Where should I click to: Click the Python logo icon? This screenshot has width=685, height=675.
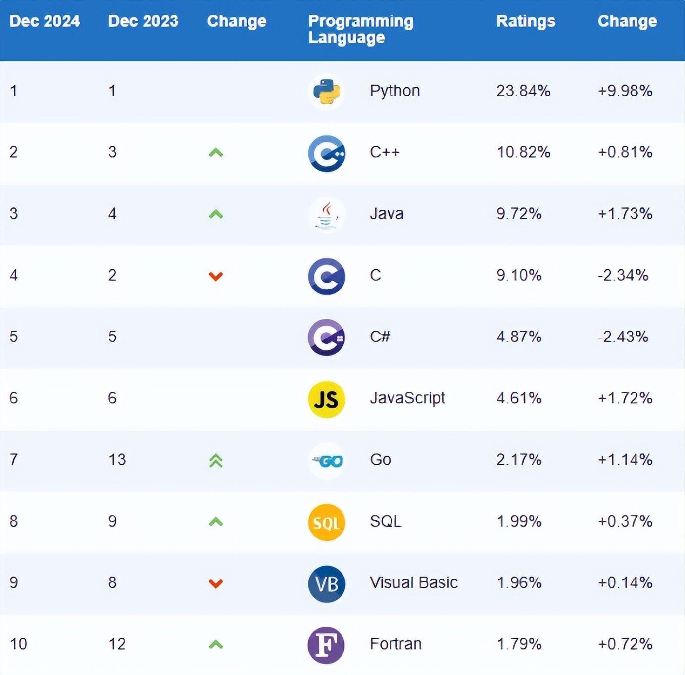[326, 92]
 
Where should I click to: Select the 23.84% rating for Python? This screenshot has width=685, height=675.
[523, 91]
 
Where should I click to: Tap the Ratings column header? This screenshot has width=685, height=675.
[526, 21]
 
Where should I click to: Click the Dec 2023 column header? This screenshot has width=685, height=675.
[143, 21]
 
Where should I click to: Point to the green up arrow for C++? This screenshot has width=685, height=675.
[216, 153]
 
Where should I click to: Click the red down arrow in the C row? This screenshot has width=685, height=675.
[216, 276]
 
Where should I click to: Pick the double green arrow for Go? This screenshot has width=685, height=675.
[216, 461]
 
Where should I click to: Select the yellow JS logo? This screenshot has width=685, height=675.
[326, 399]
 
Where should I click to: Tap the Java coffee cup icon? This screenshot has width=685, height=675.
[326, 215]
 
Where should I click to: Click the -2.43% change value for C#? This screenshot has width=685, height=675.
[623, 337]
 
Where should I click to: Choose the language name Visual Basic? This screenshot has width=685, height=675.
[413, 582]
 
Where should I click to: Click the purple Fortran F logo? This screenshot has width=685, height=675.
[326, 645]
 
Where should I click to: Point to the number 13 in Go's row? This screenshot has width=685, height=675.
[117, 460]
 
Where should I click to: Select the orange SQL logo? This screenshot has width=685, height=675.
[326, 522]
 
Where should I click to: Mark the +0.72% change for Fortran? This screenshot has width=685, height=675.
[625, 644]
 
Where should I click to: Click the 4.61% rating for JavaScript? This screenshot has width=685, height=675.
[519, 398]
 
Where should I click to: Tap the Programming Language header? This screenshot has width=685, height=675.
[360, 29]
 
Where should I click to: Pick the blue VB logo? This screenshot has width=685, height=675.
[326, 584]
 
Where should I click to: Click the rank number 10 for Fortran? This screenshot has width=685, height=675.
[18, 644]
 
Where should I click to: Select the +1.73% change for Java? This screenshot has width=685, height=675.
[625, 214]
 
